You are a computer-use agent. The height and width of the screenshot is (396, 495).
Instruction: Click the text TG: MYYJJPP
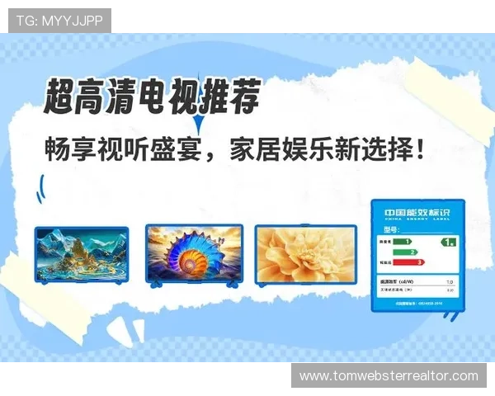click(x=59, y=20)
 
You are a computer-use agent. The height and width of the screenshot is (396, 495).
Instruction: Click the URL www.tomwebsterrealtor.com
click(x=389, y=376)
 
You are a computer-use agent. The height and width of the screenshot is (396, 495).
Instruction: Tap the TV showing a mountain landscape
click(x=81, y=253)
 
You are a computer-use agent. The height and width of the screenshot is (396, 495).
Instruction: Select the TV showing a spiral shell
click(x=196, y=252)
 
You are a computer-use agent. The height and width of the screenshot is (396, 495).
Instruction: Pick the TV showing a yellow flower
click(x=304, y=252)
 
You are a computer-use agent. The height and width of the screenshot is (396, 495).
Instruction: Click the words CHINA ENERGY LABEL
click(x=416, y=219)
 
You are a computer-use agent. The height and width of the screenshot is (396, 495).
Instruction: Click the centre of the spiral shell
click(x=196, y=252)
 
